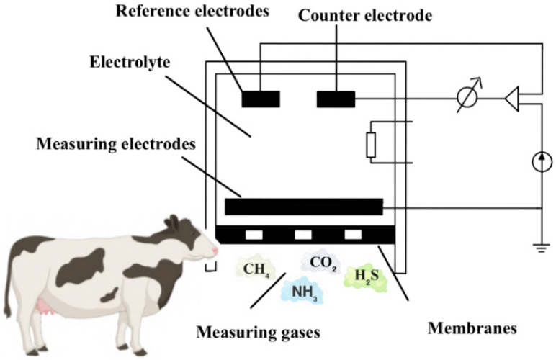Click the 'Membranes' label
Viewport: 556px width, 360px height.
(472, 328)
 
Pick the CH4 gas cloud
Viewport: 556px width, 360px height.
(254, 269)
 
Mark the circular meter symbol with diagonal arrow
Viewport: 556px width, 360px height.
(471, 99)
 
